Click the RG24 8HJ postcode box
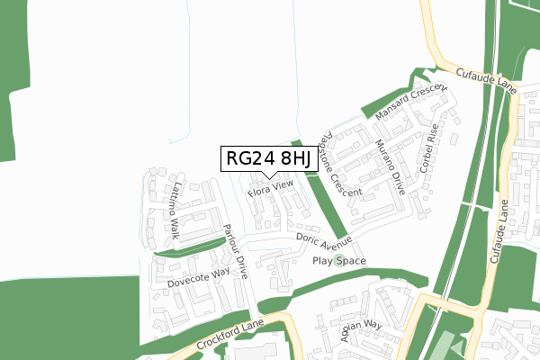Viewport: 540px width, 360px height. (267, 158)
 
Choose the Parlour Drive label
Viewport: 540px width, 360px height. (236, 249)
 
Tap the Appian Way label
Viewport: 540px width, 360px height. (362, 330)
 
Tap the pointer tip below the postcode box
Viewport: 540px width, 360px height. (267, 176)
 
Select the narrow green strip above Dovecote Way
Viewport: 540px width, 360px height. (190, 248)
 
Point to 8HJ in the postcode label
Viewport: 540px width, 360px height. (293, 158)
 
